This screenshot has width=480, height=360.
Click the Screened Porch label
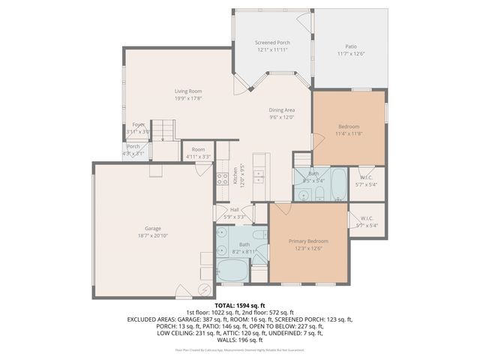tap(272, 43)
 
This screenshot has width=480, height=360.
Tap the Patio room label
tap(350, 46)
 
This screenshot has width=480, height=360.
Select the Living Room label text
tap(189, 91)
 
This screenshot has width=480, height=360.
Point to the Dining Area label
tap(283, 110)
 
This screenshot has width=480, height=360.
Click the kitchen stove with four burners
tap(223, 178)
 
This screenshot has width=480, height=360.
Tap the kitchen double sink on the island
tap(259, 177)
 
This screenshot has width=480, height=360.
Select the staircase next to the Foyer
tap(163, 130)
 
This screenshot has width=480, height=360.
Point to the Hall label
tap(234, 210)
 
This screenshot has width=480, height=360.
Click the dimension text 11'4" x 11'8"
tap(349, 133)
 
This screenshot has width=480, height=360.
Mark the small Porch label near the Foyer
tap(133, 146)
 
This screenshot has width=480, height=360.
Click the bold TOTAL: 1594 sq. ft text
tap(240, 305)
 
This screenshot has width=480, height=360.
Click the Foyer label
tap(138, 124)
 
